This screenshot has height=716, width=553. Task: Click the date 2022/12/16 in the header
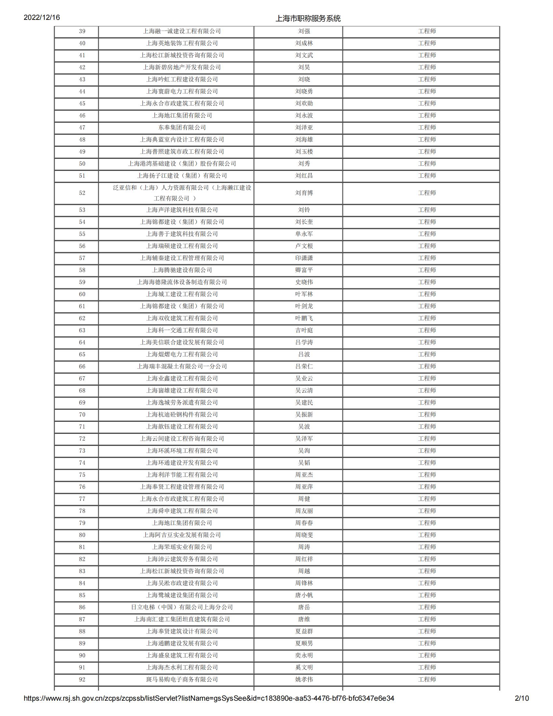pos(42,17)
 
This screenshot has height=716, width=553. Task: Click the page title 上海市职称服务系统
pos(308,18)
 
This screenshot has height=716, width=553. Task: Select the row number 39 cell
pos(82,32)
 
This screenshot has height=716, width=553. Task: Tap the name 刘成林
pos(304,43)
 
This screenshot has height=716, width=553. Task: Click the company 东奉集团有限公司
pos(182,128)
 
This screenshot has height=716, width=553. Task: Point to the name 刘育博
pos(304,193)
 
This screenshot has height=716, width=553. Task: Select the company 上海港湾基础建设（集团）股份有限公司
pos(182,164)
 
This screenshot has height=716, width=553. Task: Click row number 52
pos(82,193)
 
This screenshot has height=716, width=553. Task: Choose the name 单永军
pos(304,234)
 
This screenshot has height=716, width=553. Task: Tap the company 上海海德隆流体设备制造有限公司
pos(182,282)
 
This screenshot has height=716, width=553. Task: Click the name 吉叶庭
pos(304,330)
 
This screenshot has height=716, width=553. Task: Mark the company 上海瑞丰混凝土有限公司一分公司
pos(182,366)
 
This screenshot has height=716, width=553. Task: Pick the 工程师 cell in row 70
pos(427,415)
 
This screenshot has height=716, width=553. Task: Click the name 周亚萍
pos(304,487)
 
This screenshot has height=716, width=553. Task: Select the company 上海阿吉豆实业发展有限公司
pos(182,535)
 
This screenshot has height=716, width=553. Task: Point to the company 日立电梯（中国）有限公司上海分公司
pos(182,607)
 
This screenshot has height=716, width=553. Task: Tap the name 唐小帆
pos(304,595)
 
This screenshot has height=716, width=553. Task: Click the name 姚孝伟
pos(304,680)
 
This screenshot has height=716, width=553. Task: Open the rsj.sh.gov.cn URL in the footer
pos(209,698)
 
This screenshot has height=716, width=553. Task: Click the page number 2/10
pos(522,698)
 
